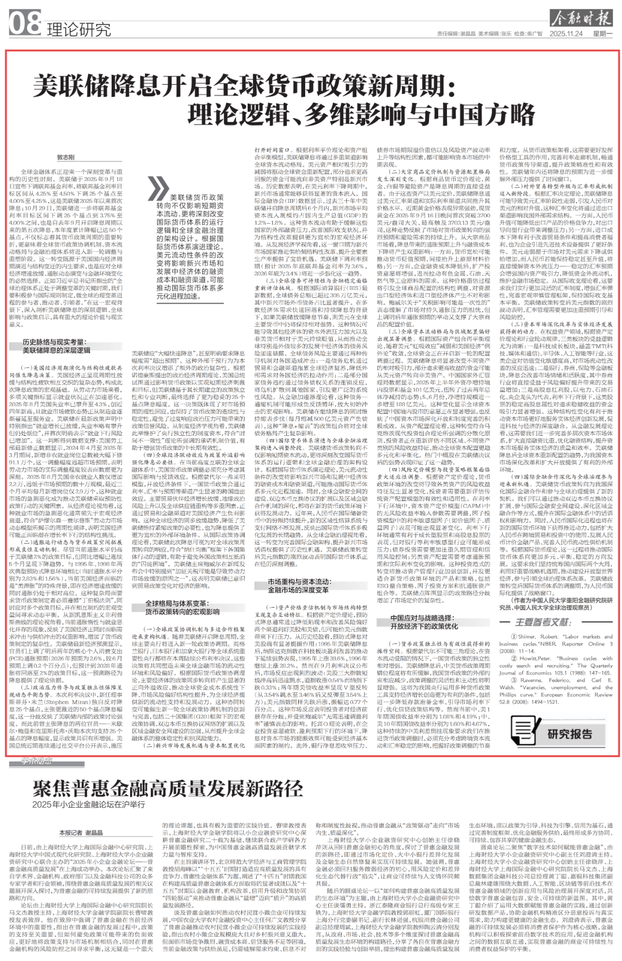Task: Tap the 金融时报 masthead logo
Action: pos(581,18)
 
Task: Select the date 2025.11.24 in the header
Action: pos(566,34)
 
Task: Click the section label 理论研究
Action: pos(78,29)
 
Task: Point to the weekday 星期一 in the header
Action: pos(602,34)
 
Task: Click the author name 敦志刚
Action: pos(66,157)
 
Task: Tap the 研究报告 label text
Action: pos(570,734)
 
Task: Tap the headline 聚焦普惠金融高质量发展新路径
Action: pos(167,787)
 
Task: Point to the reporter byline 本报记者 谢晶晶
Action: pos(81,832)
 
